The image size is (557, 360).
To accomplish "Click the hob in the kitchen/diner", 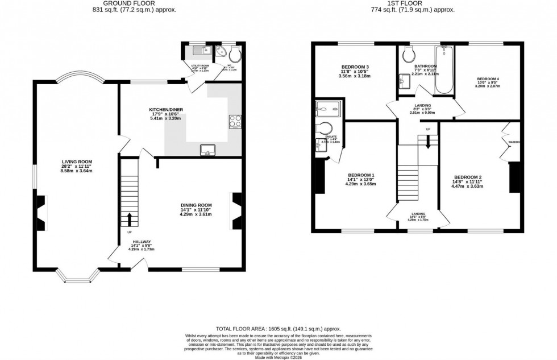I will [234, 121].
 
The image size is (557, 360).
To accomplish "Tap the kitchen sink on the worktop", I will [208, 150].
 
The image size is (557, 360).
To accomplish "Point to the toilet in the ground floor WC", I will [236, 53].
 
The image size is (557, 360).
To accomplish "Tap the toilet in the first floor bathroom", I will [408, 54].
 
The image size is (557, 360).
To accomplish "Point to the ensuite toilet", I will [326, 128].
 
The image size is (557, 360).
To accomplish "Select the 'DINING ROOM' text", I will [196, 205].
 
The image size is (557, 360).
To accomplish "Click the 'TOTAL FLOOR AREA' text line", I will [278, 329].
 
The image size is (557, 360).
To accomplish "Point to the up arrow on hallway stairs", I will [130, 218].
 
